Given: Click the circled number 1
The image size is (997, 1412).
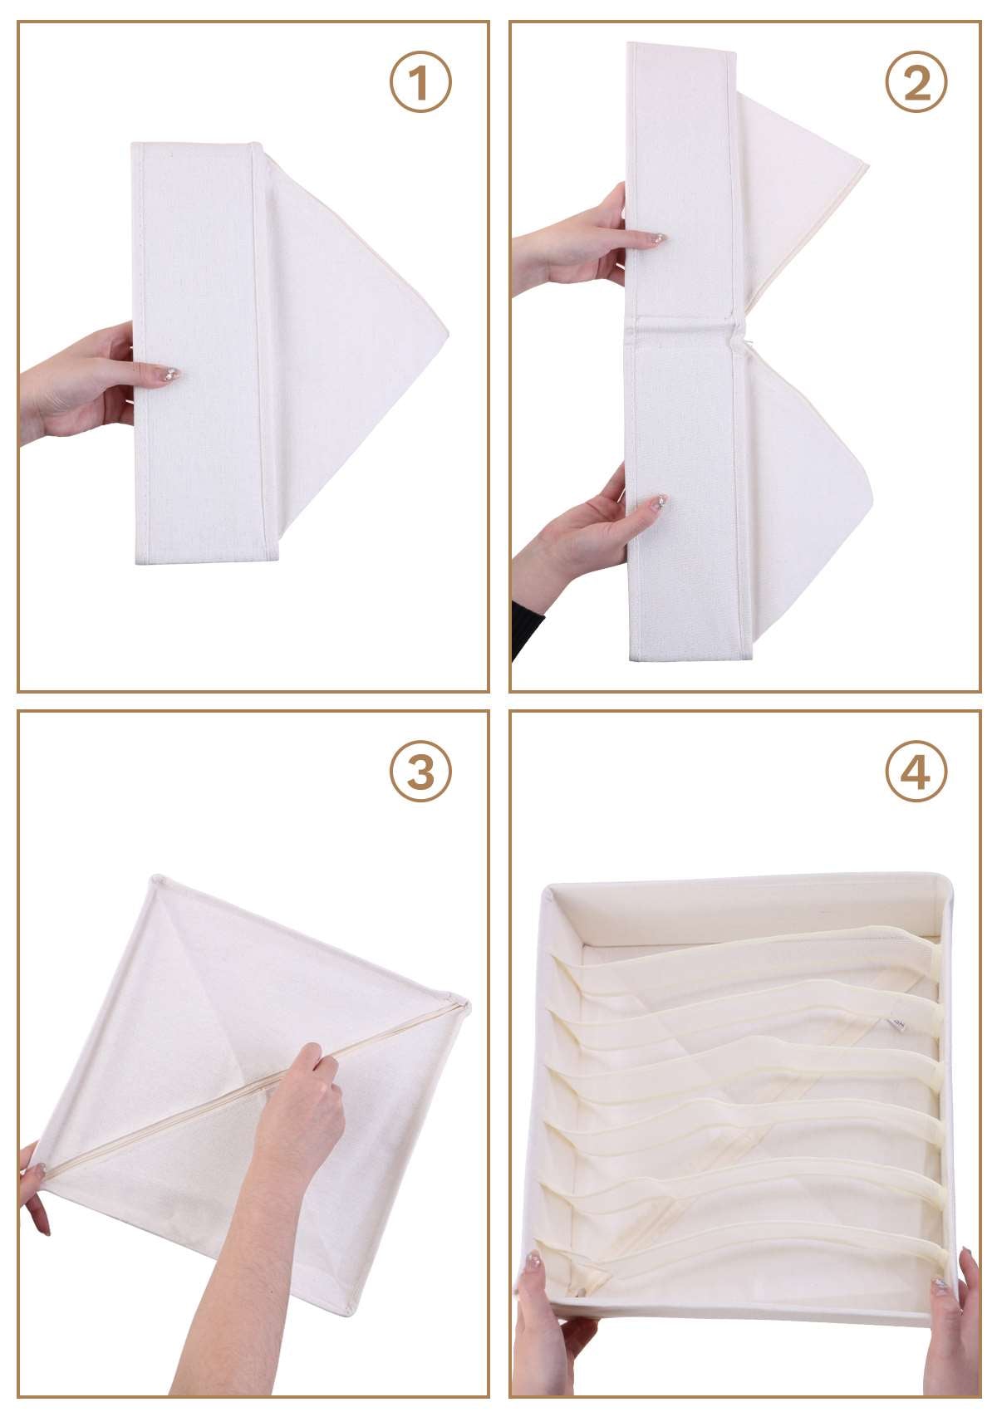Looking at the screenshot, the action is point(420,82).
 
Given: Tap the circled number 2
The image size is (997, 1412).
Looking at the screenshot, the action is point(916,82).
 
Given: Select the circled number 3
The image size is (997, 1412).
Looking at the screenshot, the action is point(420,770).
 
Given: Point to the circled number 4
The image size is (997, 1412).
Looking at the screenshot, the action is point(916,770).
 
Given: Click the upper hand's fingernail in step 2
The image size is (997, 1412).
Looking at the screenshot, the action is point(658,238).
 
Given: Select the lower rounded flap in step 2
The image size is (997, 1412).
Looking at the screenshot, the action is point(808,501).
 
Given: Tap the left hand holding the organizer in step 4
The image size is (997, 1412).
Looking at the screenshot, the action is point(550,1330).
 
